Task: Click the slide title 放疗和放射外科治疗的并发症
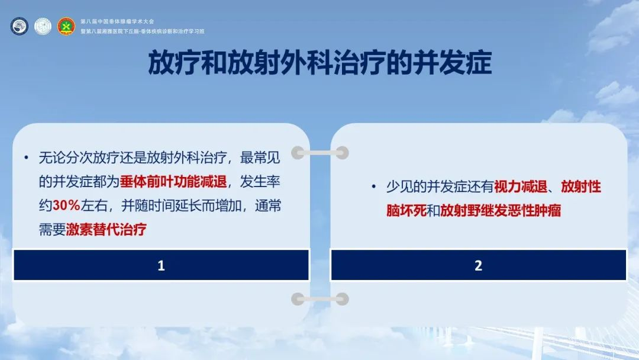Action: click(x=320, y=63)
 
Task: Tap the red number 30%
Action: click(x=66, y=205)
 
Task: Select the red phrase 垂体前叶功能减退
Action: click(x=173, y=181)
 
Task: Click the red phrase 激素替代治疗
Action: click(x=106, y=229)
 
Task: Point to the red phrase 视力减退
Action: click(x=521, y=187)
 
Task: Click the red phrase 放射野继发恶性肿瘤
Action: click(x=501, y=210)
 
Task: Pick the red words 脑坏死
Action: click(x=406, y=210)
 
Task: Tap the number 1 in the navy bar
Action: click(x=161, y=265)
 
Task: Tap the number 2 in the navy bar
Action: click(x=479, y=265)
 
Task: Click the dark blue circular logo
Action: click(x=19, y=27)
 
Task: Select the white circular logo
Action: click(x=43, y=27)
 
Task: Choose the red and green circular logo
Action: click(x=66, y=27)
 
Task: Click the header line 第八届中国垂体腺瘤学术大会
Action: click(x=117, y=21)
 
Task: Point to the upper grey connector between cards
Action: click(x=320, y=153)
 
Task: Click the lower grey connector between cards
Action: click(x=320, y=299)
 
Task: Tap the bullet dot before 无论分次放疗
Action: click(x=27, y=157)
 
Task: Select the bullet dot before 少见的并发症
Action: click(x=374, y=187)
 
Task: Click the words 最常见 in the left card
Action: click(x=260, y=157)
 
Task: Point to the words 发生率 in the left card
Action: click(x=260, y=181)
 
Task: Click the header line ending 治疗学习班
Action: click(x=142, y=31)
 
